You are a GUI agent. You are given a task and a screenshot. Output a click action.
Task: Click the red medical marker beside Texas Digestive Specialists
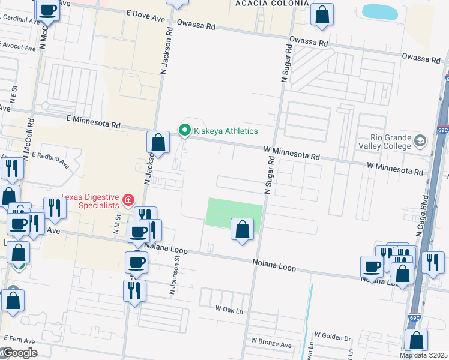tap(128, 200)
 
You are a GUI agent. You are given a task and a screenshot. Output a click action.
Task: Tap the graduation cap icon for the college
tap(421, 141)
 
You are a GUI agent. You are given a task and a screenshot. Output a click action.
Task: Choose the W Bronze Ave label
tap(271, 341)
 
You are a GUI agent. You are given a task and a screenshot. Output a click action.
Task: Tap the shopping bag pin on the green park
tap(242, 230)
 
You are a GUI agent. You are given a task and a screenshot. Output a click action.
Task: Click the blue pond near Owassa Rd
tap(380, 11)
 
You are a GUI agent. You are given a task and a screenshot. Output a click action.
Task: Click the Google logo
tap(19, 353)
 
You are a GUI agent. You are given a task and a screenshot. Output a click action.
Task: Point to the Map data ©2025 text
tap(424, 355)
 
